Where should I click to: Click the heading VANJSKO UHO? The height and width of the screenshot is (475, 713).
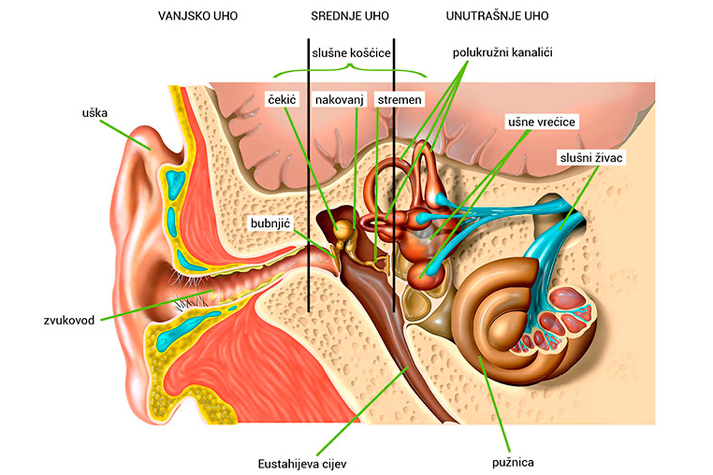click(197, 16)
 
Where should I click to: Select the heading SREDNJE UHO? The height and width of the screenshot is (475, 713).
click(350, 16)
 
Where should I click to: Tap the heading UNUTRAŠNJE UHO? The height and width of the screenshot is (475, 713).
click(497, 16)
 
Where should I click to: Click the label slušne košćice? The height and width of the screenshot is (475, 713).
click(351, 53)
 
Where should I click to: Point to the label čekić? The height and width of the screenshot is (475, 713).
click(282, 100)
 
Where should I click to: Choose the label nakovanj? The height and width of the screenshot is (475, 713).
click(339, 100)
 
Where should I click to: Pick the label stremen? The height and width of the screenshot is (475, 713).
click(399, 100)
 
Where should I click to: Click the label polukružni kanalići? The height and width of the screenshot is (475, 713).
click(502, 53)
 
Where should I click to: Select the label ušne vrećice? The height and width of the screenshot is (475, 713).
click(541, 122)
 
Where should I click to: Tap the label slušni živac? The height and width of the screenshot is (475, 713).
click(591, 158)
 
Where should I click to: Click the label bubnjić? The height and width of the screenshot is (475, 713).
click(270, 223)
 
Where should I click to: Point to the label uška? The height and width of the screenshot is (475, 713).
click(95, 113)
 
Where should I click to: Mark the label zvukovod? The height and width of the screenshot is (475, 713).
click(69, 320)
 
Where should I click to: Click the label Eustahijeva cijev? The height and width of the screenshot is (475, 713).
click(302, 464)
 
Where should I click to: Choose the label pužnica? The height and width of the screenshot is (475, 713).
click(512, 462)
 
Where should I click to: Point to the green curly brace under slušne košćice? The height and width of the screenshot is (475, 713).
click(350, 69)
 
